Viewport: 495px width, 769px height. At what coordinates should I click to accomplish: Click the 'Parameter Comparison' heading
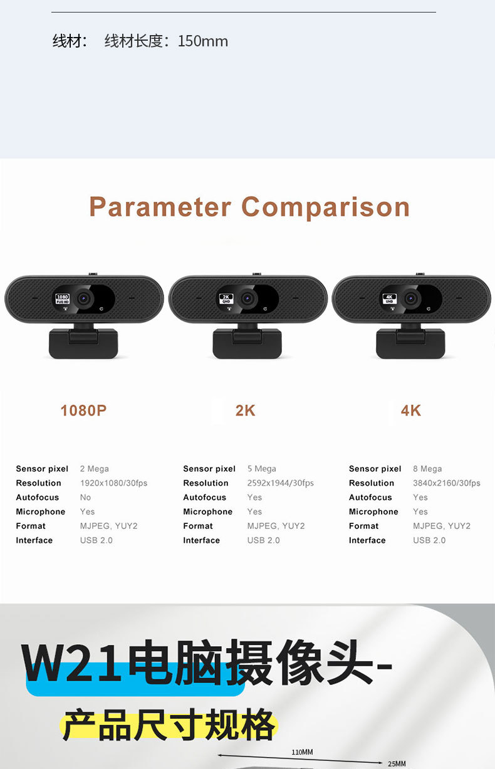249,207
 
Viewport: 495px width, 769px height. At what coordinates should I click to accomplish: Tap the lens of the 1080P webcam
83,298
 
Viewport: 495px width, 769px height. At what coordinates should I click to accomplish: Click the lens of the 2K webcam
247,298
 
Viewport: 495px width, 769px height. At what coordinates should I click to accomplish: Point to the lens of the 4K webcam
410,298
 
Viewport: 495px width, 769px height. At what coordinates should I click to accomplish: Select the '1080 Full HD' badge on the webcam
63,299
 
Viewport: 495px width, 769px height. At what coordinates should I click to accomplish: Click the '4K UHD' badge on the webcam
389,299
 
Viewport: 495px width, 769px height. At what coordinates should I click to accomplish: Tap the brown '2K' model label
245,411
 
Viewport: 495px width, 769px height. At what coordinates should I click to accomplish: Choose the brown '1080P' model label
83,411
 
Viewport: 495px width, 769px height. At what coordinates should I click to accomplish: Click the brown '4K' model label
410,411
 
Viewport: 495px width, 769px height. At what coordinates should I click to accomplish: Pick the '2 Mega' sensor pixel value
95,469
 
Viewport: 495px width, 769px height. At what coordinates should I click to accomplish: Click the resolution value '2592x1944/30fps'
281,483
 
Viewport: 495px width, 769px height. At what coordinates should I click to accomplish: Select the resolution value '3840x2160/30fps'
447,483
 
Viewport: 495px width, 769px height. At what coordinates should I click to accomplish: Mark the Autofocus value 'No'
85,497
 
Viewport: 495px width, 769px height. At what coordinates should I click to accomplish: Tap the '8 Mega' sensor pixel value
427,469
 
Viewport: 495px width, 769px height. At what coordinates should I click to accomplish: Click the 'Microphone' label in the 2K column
207,511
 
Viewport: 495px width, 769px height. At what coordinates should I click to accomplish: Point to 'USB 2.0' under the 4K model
429,540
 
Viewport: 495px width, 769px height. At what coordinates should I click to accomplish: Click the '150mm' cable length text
202,41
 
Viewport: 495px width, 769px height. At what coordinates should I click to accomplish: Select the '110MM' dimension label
302,752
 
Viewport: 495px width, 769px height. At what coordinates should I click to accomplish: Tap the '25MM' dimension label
397,763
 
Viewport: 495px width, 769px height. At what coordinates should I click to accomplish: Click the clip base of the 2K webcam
247,343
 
